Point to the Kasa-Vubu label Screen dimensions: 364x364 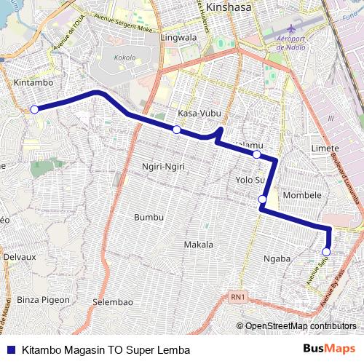199,114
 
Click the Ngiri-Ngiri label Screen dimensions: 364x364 164,167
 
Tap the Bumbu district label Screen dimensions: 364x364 149,217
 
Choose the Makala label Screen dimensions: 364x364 198,244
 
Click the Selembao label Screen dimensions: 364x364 112,301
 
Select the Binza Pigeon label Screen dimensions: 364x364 43,299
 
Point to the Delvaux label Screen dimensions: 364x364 19,257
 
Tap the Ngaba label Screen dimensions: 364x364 277,258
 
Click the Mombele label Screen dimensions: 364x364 302,195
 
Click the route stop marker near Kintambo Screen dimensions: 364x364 34,109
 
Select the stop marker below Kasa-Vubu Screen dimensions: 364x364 176,129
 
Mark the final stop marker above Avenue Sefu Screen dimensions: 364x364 326,252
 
